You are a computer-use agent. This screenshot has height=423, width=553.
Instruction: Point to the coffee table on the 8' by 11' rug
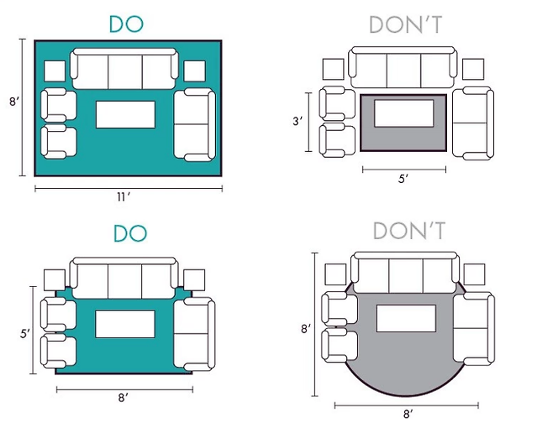(126, 114)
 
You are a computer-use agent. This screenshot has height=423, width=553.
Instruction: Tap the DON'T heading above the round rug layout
(408, 232)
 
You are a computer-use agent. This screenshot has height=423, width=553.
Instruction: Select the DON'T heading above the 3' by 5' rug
(406, 25)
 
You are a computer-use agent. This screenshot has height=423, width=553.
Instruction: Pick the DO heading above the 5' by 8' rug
(128, 232)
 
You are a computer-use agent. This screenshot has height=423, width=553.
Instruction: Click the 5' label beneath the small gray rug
(403, 179)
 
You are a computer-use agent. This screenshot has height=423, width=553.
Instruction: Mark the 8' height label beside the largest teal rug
(13, 101)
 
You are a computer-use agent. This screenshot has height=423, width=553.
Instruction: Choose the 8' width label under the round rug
(408, 414)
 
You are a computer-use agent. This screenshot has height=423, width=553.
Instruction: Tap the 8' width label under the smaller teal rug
(124, 397)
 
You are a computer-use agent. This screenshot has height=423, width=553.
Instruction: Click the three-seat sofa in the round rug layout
(406, 275)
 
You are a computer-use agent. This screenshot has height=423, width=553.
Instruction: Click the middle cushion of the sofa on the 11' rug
(125, 68)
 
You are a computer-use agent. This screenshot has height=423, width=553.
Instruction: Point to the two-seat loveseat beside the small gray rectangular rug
(471, 123)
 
